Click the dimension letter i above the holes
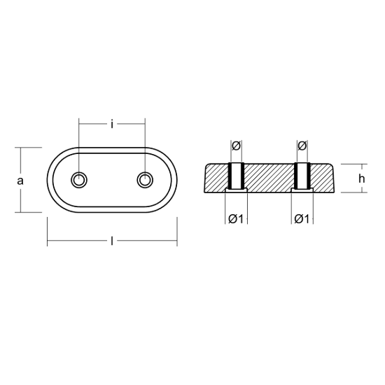(112, 125)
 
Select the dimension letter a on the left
(20, 181)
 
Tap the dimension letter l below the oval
(112, 241)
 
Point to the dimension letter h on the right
(361, 178)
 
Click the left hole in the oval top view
(79, 180)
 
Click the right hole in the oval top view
(145, 180)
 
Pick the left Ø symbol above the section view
(236, 146)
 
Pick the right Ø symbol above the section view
(302, 146)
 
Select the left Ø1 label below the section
(236, 219)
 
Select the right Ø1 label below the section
(302, 219)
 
